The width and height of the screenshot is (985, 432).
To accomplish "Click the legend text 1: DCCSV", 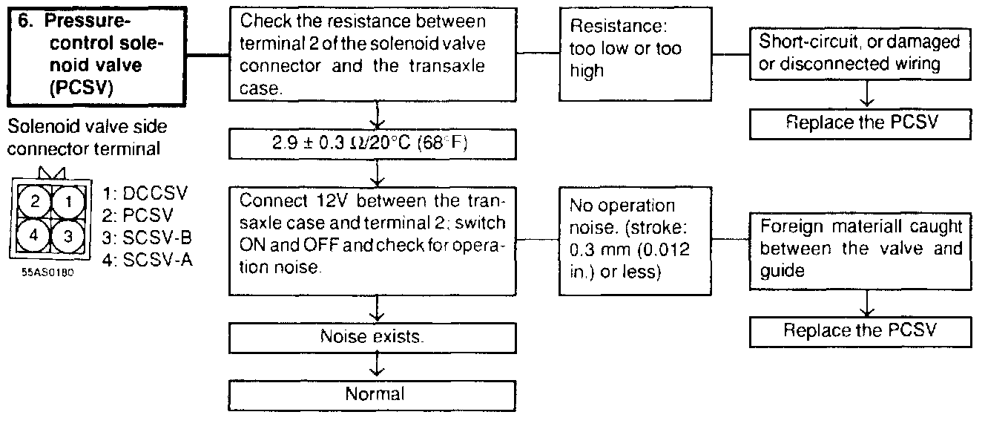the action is [x=146, y=194].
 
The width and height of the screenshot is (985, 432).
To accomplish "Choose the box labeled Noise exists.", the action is [x=373, y=336].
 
